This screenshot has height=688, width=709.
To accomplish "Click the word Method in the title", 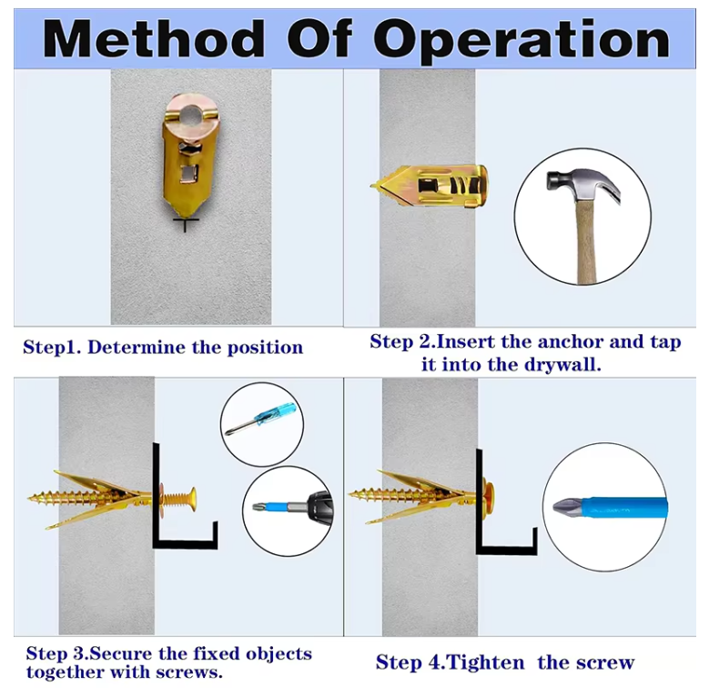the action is point(153,39).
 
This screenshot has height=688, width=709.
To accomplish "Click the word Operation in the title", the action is point(522,42).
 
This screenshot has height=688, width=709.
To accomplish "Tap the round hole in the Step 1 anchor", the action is point(190,115).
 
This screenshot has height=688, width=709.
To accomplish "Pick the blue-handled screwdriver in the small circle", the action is point(261,419).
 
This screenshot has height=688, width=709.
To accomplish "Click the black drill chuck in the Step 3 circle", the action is point(319,507).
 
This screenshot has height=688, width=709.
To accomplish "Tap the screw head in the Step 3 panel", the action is point(191,497).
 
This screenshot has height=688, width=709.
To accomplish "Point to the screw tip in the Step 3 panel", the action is point(30,498).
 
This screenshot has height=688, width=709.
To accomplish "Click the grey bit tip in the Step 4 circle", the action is point(567,506).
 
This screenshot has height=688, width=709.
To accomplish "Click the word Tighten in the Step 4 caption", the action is point(485,663).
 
